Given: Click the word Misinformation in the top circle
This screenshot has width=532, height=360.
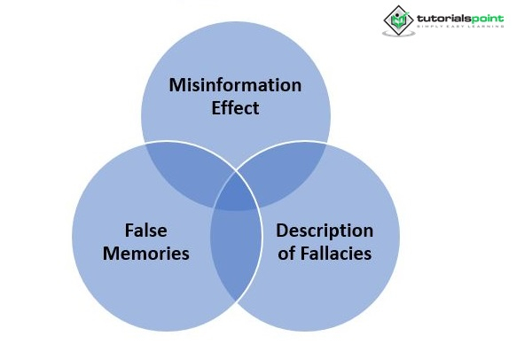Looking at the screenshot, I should tap(236, 86).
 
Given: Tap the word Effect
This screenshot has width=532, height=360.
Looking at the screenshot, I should tap(236, 108).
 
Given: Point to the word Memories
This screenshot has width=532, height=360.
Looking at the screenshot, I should tap(146, 254).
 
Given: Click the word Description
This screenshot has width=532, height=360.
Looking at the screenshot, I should tap(325, 231).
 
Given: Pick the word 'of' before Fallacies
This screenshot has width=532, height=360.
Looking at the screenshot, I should tap(286, 254).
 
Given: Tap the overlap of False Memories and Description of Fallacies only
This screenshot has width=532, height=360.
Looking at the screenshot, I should tap(235, 257).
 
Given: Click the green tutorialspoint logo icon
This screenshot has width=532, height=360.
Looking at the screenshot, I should tap(397, 20).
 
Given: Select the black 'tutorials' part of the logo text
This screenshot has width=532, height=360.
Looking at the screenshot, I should tap(441, 16).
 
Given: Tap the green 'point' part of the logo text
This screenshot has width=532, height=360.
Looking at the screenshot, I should tap(485, 16).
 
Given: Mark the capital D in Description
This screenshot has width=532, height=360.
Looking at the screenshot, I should tap(281, 231).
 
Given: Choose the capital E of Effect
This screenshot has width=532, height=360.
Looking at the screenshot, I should tap(216, 108).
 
